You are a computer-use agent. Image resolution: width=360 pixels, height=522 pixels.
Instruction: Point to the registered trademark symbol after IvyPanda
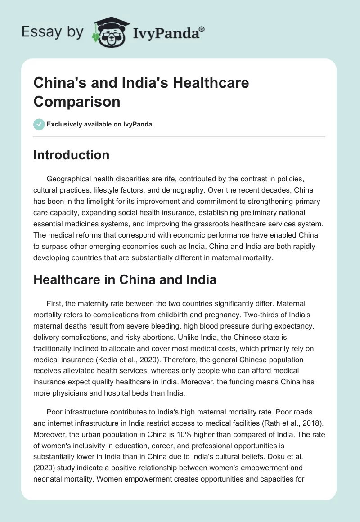tap(202, 29)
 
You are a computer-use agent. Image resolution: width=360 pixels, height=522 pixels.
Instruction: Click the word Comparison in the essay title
tap(77, 101)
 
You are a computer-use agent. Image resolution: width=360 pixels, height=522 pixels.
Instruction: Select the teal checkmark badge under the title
tap(39, 124)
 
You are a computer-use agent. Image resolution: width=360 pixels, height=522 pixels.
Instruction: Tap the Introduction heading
tap(72, 155)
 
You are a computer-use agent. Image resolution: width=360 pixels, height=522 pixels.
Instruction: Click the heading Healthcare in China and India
tap(125, 279)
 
